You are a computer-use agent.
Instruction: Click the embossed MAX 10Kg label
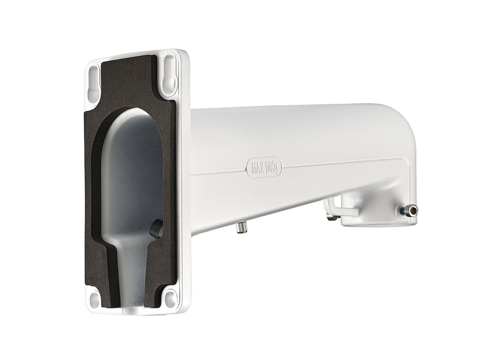(264, 168)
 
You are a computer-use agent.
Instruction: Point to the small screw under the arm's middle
(241, 227)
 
